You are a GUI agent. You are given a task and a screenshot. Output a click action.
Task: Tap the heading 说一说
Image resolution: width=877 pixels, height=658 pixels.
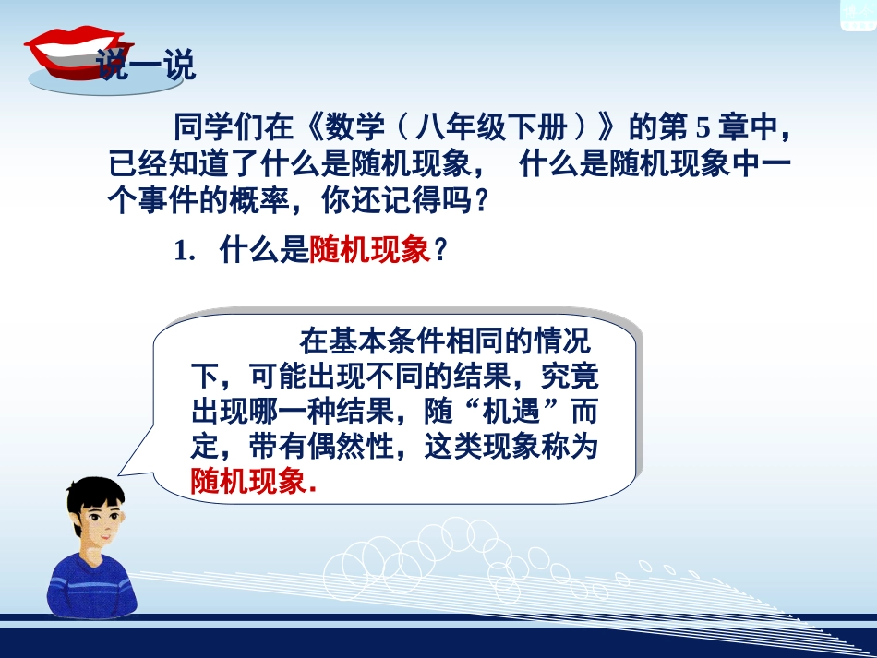[x=146, y=67]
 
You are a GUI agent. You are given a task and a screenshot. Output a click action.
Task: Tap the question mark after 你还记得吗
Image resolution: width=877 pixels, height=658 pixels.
[x=477, y=202]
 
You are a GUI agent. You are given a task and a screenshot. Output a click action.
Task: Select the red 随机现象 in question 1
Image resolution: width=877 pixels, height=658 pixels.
[x=370, y=252]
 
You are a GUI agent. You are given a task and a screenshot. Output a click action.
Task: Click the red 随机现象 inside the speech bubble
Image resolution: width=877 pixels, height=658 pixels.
[x=247, y=481]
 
